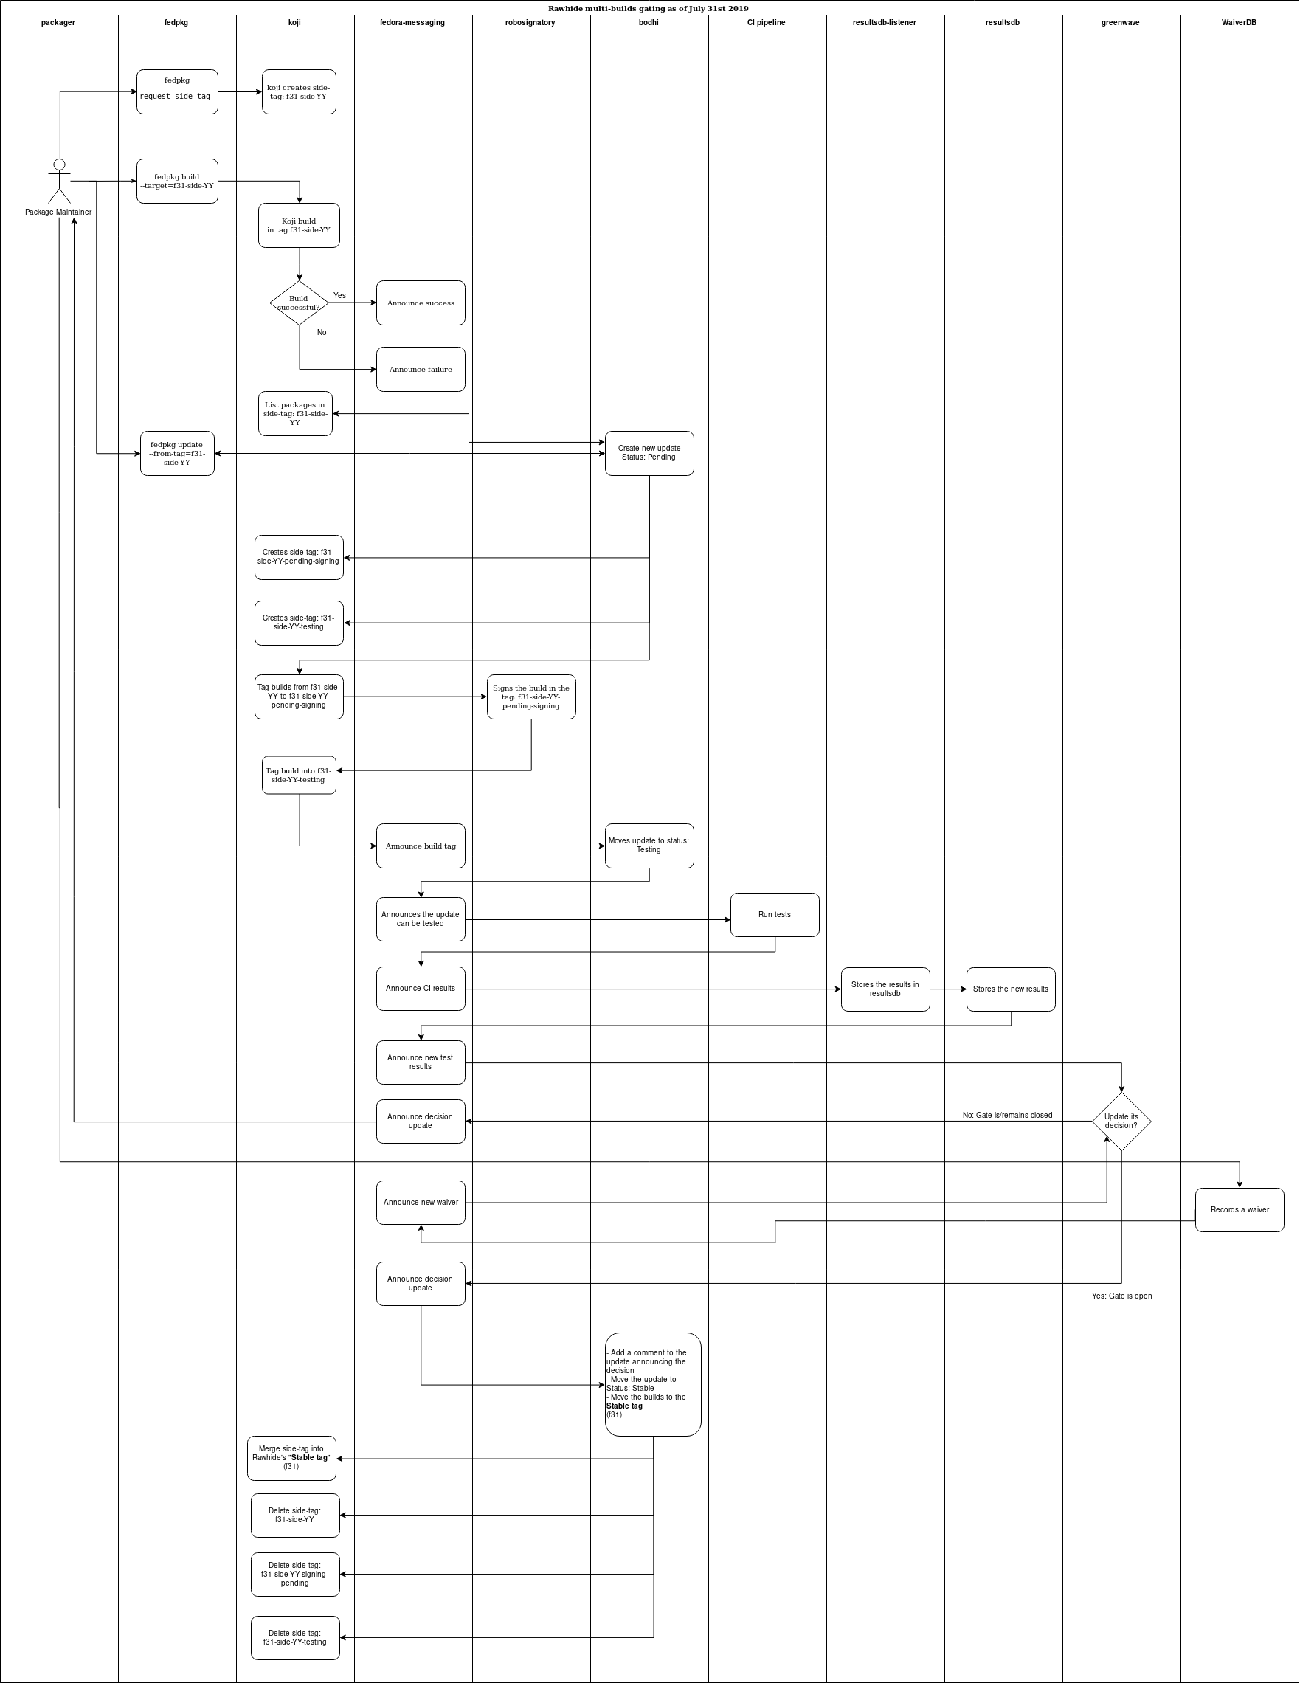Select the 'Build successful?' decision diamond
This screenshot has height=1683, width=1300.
pyautogui.click(x=299, y=303)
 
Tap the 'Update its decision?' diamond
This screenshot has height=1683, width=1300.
pyautogui.click(x=1121, y=1122)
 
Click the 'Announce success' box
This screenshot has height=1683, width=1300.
pyautogui.click(x=421, y=303)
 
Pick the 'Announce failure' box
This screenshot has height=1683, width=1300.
pyautogui.click(x=421, y=369)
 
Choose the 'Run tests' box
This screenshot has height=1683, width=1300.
pyautogui.click(x=775, y=915)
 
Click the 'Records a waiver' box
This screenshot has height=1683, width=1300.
pyautogui.click(x=1239, y=1210)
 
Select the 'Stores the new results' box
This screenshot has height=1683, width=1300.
pyautogui.click(x=1010, y=989)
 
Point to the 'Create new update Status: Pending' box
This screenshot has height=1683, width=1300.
pyautogui.click(x=649, y=453)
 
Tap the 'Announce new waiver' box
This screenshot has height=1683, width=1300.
pyautogui.click(x=421, y=1202)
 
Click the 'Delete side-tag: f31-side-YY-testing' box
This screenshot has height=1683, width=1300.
pyautogui.click(x=295, y=1637)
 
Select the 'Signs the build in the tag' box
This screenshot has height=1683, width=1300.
pyautogui.click(x=531, y=697)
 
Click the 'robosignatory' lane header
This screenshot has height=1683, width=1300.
pyautogui.click(x=530, y=22)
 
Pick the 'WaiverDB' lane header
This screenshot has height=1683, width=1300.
pyautogui.click(x=1239, y=22)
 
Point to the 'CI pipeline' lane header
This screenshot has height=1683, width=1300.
pyautogui.click(x=767, y=22)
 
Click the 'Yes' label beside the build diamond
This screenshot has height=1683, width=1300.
pyautogui.click(x=340, y=295)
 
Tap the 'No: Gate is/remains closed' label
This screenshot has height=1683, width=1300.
pyautogui.click(x=1007, y=1115)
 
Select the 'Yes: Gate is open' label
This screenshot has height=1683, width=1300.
pyautogui.click(x=1122, y=1296)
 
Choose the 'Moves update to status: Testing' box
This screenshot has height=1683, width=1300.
pyautogui.click(x=649, y=846)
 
